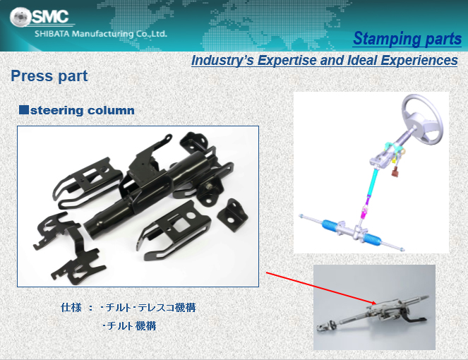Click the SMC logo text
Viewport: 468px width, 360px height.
click(x=50, y=16)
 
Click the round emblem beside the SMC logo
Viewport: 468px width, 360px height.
click(x=20, y=16)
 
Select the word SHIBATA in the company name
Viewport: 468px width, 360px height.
click(x=52, y=34)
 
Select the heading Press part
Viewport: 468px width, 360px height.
click(x=49, y=76)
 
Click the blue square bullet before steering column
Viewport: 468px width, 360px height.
click(x=24, y=110)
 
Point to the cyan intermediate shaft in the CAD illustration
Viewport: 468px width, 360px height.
click(x=373, y=184)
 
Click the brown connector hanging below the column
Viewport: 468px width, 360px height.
click(x=395, y=172)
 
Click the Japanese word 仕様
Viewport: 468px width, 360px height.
click(x=71, y=308)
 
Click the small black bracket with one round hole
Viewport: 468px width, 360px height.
click(x=232, y=215)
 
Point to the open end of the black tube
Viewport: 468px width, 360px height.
click(x=90, y=229)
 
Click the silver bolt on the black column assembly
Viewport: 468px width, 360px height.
click(x=209, y=186)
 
